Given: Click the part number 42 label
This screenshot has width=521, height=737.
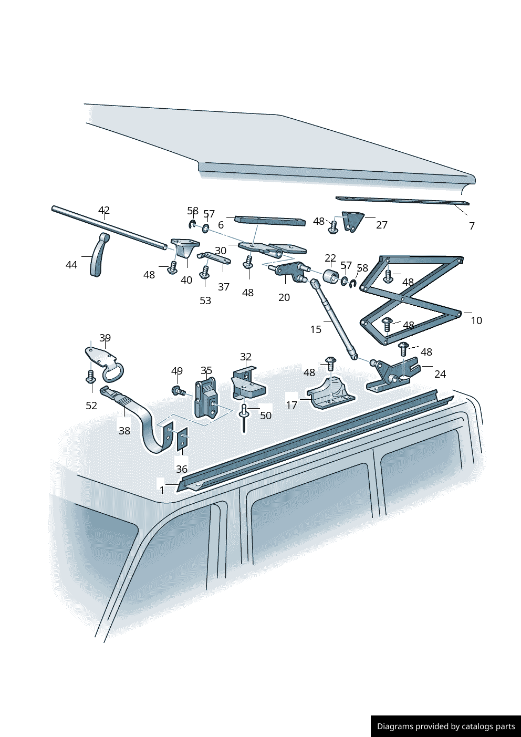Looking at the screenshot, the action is click(104, 210).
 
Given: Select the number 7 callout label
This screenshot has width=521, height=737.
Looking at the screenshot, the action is click(472, 226).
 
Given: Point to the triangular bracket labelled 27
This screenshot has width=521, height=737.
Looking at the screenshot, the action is click(353, 222).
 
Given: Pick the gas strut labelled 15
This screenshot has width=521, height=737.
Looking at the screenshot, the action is click(332, 319).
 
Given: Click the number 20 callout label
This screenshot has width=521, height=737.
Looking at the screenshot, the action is click(284, 297).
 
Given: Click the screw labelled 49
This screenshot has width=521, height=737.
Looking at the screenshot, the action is click(178, 391).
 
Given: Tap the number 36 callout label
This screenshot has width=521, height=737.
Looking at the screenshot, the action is click(182, 469).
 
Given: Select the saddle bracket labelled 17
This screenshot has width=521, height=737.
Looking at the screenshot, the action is click(331, 393).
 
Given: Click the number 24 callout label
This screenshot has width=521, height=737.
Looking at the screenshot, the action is click(440, 374).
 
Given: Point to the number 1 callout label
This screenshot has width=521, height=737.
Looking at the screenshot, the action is click(162, 490).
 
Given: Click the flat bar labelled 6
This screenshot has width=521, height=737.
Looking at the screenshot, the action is click(270, 221).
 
